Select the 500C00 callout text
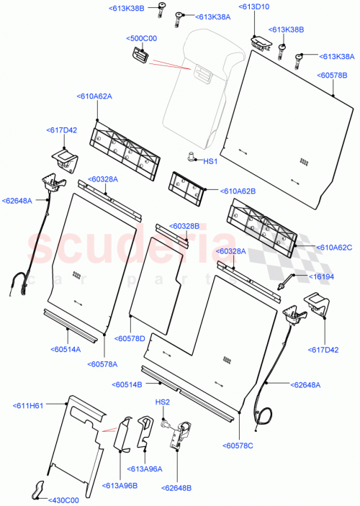click(142, 38)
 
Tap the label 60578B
click(333, 75)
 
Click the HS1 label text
click(210, 161)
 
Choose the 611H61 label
click(28, 406)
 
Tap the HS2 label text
click(162, 402)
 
